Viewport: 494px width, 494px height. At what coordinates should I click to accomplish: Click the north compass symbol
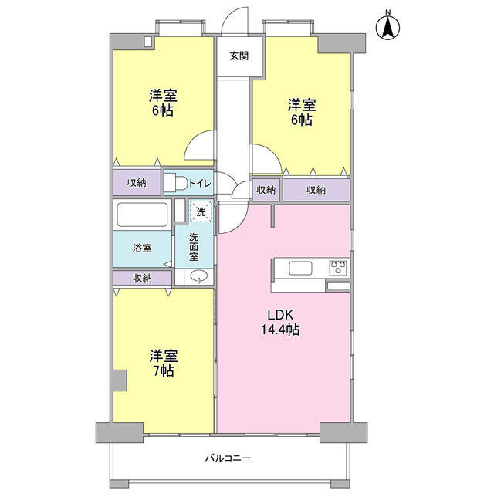coord(388,27)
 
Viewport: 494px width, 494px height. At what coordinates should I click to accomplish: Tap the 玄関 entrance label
coord(239,56)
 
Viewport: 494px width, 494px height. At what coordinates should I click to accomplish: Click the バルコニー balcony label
coord(228,458)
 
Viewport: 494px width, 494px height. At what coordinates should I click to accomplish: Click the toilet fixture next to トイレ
coord(175,183)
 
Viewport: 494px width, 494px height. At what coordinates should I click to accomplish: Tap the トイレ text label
coord(200,183)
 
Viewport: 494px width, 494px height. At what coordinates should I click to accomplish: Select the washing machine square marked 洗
coord(201,211)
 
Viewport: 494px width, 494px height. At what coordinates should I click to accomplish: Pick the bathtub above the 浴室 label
coord(141,213)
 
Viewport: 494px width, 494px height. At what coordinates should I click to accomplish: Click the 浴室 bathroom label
coord(141,248)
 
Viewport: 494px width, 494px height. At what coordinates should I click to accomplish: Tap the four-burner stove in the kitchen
coord(338,268)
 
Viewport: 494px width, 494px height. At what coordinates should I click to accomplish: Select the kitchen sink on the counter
coord(300,268)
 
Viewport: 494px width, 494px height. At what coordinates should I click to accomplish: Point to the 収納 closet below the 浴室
coord(141,278)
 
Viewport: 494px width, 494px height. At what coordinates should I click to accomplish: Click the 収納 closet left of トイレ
coord(137,183)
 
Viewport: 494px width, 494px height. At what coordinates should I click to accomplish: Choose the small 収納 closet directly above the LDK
coord(266,190)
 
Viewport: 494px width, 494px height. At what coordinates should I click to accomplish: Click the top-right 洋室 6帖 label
coord(301,112)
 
